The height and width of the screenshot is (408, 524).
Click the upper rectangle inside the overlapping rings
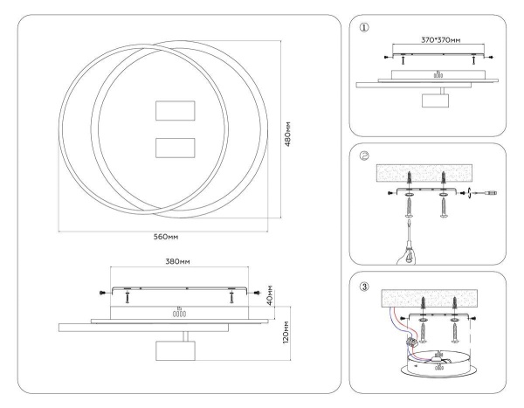[x=173, y=112]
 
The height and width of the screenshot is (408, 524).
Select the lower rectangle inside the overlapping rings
[x=173, y=148]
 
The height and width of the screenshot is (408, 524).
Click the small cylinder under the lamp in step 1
[x=433, y=100]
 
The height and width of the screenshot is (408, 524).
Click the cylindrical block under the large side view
[x=173, y=351]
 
